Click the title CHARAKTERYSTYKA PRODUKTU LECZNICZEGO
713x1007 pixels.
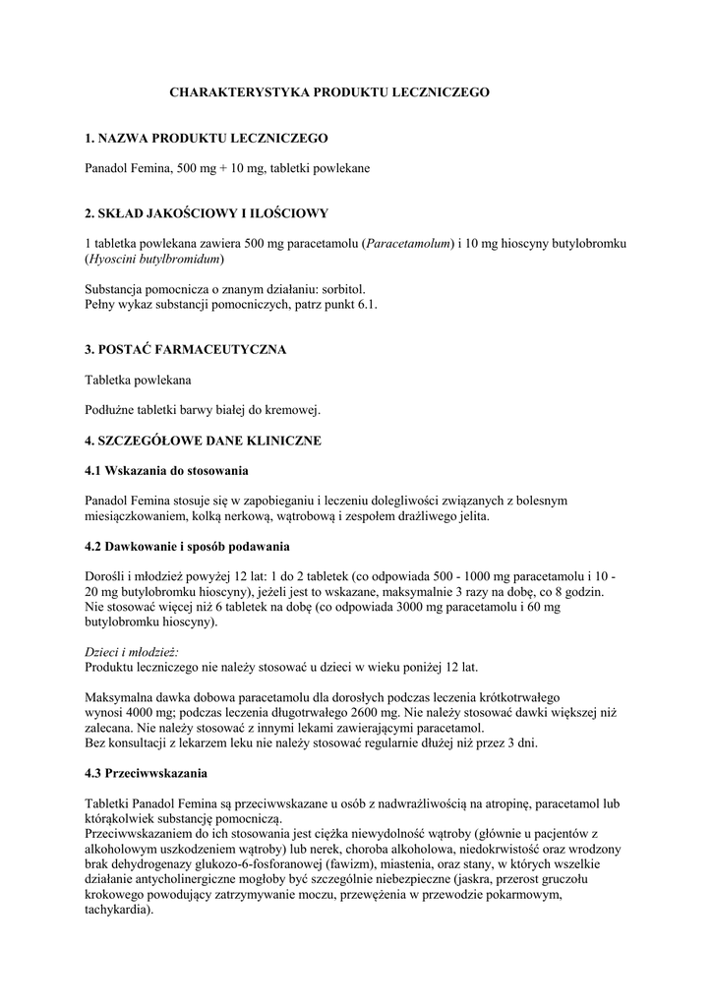(329, 91)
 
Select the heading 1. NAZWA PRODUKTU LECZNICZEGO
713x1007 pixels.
(207, 138)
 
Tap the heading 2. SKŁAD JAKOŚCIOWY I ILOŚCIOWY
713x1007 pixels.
(207, 212)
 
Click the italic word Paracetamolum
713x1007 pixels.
(407, 243)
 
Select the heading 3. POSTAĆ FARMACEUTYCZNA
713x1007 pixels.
(186, 349)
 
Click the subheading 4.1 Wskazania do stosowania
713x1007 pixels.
(166, 470)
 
